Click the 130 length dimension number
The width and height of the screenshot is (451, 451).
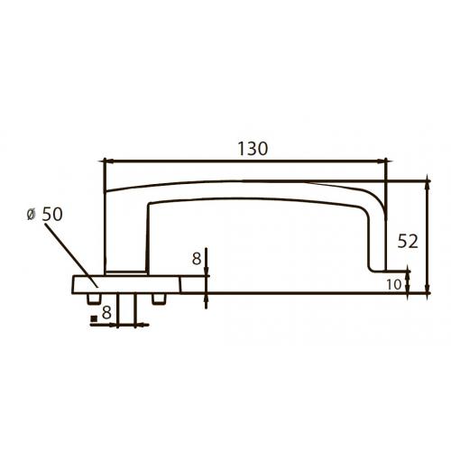pyautogui.click(x=252, y=149)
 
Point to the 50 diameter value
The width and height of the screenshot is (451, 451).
pyautogui.click(x=51, y=214)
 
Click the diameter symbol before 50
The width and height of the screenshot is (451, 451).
pyautogui.click(x=32, y=214)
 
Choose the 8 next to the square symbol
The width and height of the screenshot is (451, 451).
pyautogui.click(x=106, y=314)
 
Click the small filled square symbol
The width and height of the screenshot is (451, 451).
pyautogui.click(x=93, y=318)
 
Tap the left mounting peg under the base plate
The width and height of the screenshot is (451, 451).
pyautogui.click(x=94, y=296)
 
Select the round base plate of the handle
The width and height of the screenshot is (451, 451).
pyautogui.click(x=126, y=283)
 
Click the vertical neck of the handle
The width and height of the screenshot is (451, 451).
pyautogui.click(x=125, y=235)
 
